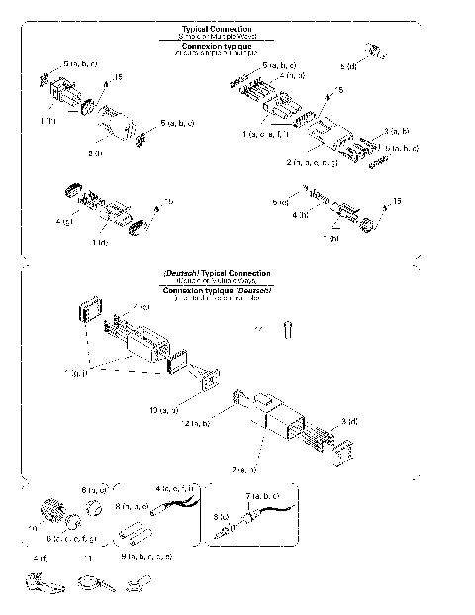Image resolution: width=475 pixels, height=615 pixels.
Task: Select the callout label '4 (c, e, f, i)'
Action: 177,488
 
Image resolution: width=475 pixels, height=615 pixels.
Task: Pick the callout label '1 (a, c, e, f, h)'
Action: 266,133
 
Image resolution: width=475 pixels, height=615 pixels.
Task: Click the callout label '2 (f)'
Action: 97,154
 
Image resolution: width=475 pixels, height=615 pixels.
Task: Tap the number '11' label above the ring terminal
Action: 88,559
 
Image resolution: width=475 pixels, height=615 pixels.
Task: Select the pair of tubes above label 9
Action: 131,538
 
